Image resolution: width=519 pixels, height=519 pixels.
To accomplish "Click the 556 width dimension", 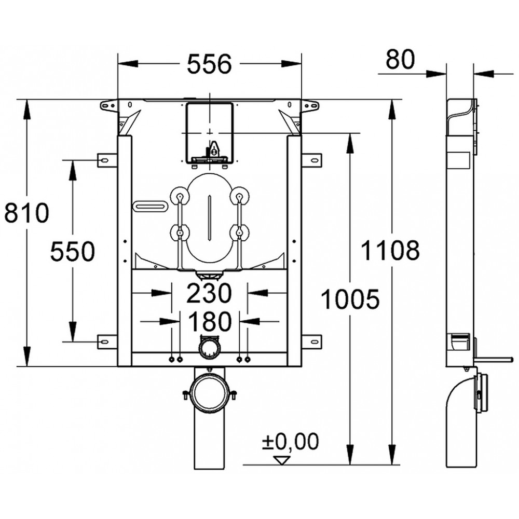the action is click(x=209, y=64).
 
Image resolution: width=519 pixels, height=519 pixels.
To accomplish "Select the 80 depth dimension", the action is click(x=400, y=59).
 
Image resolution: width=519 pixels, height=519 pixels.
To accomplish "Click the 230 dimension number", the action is click(x=209, y=293).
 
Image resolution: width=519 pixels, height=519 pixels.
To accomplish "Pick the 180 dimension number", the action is click(x=210, y=321).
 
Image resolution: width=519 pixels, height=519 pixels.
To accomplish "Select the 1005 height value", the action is click(x=350, y=299).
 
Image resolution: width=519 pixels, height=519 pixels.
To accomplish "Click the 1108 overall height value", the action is click(x=390, y=250).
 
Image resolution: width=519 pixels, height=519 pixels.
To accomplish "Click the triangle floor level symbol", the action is click(x=282, y=460).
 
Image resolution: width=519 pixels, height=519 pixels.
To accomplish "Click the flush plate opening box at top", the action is click(x=210, y=133).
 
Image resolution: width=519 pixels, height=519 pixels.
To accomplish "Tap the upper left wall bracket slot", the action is click(x=104, y=160).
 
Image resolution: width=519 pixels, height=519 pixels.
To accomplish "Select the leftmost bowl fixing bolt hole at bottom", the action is click(x=171, y=360).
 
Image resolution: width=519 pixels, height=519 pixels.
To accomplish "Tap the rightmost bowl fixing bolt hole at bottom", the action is click(x=248, y=360).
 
